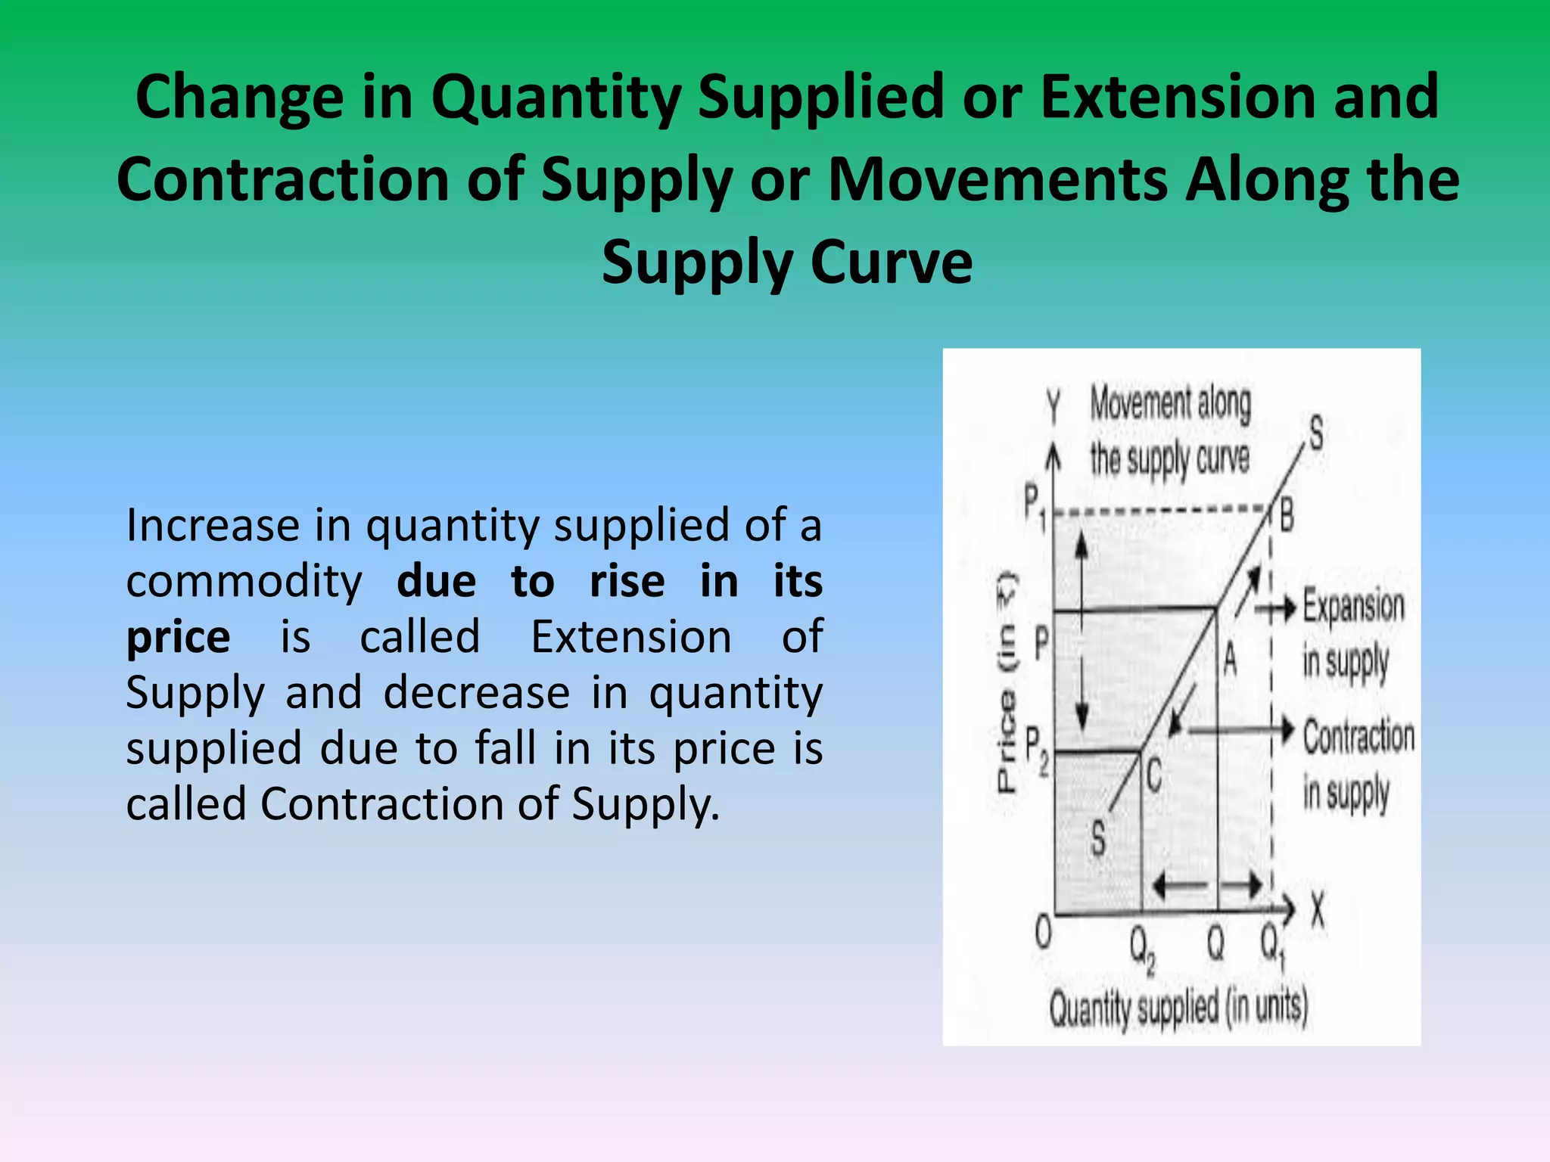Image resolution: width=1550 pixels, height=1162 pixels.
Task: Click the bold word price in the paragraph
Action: (x=178, y=637)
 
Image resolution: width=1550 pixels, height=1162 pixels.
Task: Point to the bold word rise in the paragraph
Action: (x=627, y=581)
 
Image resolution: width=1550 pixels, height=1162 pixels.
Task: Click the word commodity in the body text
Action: (x=244, y=581)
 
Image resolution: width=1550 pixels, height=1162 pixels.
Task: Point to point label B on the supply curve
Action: (x=1287, y=517)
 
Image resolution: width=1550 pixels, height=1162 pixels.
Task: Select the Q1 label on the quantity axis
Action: (x=1272, y=946)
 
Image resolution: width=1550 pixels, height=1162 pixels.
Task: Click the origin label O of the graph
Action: (x=1043, y=933)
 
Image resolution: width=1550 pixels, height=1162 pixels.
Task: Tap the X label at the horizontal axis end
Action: (x=1318, y=909)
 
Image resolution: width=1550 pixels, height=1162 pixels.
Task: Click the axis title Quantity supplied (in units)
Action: (x=1178, y=1008)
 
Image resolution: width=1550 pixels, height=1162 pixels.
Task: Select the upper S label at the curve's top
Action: (x=1316, y=433)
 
